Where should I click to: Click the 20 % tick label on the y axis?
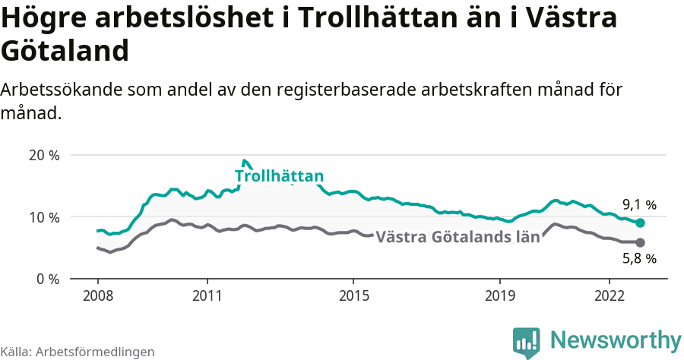tap(43, 155)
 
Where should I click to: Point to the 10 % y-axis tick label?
tap(43, 217)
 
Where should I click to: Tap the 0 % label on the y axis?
tap(47, 279)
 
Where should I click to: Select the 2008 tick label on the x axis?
tap(98, 295)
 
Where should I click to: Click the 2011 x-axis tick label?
tap(207, 295)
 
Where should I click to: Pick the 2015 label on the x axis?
tap(353, 295)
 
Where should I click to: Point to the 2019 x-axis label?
tap(500, 295)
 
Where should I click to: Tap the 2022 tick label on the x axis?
tap(610, 295)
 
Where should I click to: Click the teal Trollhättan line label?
tap(279, 176)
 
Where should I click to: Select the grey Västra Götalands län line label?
tap(458, 236)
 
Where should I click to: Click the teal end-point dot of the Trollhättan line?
tap(640, 223)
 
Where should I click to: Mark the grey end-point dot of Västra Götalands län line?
tap(640, 242)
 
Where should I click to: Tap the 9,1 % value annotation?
tap(639, 204)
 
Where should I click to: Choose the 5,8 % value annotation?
tap(639, 259)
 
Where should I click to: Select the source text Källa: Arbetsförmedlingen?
tap(78, 352)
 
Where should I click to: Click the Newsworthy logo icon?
tap(527, 342)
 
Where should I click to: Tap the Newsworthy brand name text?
tap(616, 339)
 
